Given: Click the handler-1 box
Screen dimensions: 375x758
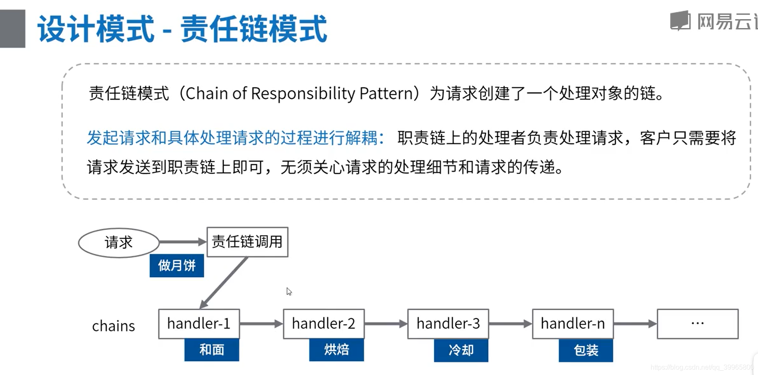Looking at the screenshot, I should click(x=199, y=324).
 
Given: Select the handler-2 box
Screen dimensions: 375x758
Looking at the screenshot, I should click(x=323, y=324).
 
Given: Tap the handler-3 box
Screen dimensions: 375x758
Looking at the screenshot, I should click(x=448, y=324).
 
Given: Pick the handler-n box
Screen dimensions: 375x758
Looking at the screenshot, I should click(x=573, y=324).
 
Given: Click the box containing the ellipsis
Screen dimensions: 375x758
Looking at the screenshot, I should click(x=697, y=324).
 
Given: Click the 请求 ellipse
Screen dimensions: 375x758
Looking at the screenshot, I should click(x=119, y=243).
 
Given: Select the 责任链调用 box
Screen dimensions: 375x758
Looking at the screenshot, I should click(x=247, y=242).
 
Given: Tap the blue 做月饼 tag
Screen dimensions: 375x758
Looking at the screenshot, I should click(x=177, y=266).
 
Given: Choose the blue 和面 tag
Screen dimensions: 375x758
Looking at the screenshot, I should click(x=211, y=350).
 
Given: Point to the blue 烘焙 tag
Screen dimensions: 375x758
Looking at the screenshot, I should click(x=336, y=350).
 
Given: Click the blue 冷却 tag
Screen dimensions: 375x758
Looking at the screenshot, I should click(x=461, y=350).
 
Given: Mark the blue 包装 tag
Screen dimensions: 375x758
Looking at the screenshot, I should click(x=586, y=350).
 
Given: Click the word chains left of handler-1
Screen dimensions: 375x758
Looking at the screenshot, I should click(x=113, y=326).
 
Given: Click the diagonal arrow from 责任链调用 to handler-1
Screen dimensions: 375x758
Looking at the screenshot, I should click(x=224, y=282).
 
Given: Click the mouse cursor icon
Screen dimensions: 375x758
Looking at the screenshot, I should click(x=289, y=291).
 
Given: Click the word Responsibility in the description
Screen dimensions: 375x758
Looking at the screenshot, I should click(x=303, y=93).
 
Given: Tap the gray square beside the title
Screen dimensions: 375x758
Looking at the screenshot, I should click(x=13, y=28).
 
